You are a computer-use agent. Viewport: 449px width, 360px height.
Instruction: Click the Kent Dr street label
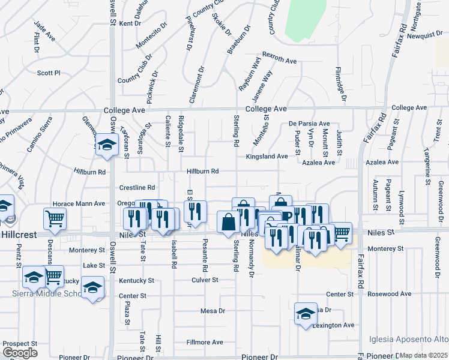(x=130, y=23)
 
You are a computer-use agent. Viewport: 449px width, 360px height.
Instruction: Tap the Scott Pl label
(x=49, y=73)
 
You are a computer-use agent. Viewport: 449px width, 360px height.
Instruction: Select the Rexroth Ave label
(x=280, y=61)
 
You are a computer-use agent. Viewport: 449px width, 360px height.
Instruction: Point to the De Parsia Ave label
(x=309, y=123)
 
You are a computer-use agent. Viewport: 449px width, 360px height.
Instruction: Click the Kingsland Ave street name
(x=267, y=156)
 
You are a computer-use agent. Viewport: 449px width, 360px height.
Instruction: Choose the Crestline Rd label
(x=137, y=188)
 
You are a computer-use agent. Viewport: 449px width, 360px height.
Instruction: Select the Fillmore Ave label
(x=204, y=342)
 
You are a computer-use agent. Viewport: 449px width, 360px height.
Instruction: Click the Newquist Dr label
(x=424, y=35)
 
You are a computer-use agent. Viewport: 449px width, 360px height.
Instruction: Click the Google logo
(x=20, y=353)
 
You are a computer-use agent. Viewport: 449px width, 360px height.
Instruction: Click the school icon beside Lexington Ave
(x=306, y=314)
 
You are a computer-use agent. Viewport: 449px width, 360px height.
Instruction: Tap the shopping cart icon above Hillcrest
(x=55, y=219)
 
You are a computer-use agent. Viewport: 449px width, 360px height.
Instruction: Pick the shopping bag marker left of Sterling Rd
(x=228, y=221)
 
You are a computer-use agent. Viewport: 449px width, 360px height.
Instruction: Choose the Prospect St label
(x=20, y=343)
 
